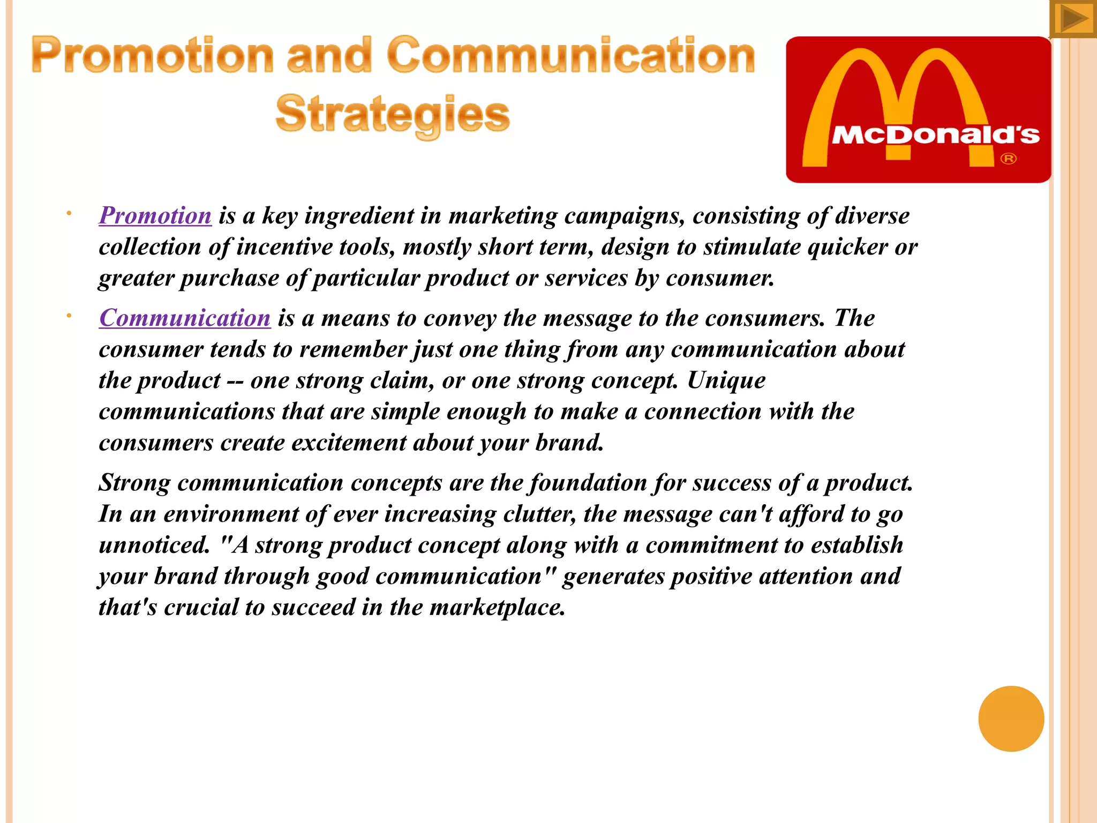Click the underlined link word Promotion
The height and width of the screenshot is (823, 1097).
[x=155, y=216]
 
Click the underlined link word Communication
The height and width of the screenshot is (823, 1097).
[x=185, y=318]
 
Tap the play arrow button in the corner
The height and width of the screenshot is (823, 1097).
[x=1073, y=19]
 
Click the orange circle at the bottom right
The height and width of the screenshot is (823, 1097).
[x=1011, y=719]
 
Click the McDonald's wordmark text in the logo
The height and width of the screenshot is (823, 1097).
[x=935, y=135]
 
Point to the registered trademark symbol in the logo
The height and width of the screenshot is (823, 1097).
[x=1008, y=159]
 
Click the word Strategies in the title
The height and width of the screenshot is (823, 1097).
[x=393, y=114]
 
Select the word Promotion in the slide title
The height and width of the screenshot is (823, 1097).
[x=153, y=56]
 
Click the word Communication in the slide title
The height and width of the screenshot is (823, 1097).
[x=570, y=56]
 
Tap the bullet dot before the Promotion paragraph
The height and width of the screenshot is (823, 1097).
[x=69, y=214]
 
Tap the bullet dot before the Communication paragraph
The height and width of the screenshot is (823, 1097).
[x=69, y=316]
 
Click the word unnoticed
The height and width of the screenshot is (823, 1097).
[x=154, y=545]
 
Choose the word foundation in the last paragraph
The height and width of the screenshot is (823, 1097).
[x=588, y=483]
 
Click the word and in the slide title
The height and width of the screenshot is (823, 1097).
[x=329, y=56]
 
